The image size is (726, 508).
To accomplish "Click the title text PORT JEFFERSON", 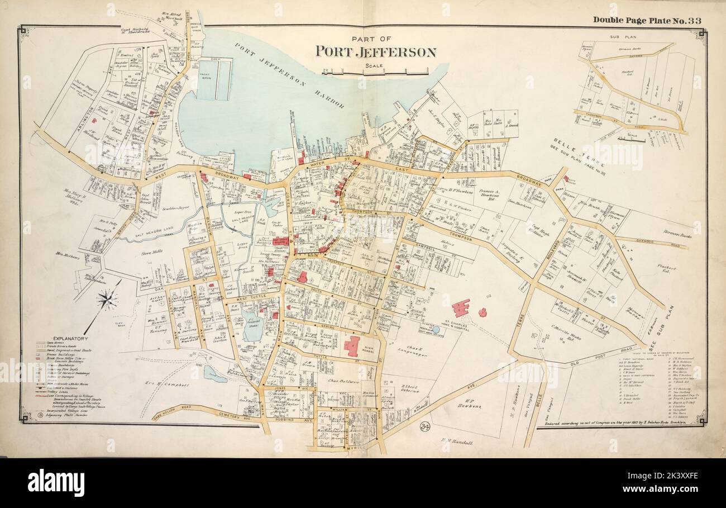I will coord(376,51).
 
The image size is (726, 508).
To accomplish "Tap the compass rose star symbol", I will coord(108,300).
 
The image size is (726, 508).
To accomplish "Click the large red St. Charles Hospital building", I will coord(461,308).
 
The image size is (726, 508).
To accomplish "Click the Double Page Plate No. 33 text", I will coord(647,20).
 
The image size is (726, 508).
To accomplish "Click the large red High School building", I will coord(351,346).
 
